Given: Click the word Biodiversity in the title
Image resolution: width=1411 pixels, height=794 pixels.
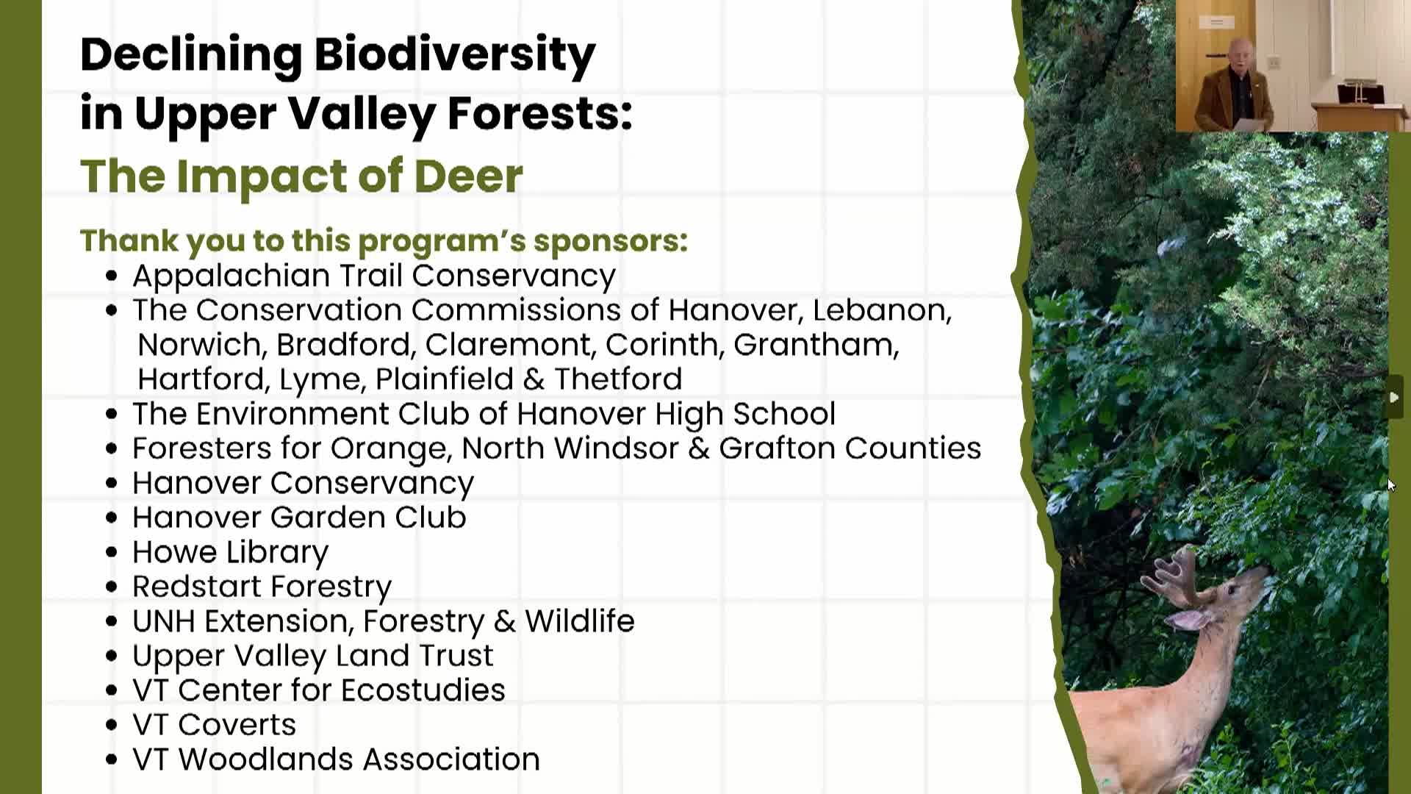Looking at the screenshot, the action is (x=454, y=55).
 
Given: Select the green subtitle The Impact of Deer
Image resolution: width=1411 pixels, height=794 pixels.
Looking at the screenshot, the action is (x=301, y=176).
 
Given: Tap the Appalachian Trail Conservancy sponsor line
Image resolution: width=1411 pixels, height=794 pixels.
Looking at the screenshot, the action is (x=373, y=276).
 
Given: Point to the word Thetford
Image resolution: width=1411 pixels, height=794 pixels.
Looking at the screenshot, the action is (x=618, y=379).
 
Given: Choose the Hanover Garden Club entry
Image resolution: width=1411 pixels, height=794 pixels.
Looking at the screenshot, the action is (x=299, y=518).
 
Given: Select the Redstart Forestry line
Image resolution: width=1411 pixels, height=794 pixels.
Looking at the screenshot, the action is (x=262, y=587).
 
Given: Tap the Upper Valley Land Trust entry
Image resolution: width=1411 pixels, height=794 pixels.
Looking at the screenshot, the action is (x=312, y=656).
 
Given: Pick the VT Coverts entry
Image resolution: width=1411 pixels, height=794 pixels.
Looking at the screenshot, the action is (x=214, y=725).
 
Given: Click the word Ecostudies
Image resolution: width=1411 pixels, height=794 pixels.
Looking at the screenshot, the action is (x=423, y=690).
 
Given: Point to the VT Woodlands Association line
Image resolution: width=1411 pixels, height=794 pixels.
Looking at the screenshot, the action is (x=336, y=759).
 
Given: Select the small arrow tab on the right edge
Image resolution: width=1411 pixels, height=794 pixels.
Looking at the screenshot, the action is (x=1394, y=397).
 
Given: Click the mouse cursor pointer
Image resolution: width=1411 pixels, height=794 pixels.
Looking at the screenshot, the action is (x=1391, y=485).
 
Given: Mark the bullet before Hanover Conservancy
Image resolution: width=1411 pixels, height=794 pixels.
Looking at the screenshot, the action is (x=112, y=484).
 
